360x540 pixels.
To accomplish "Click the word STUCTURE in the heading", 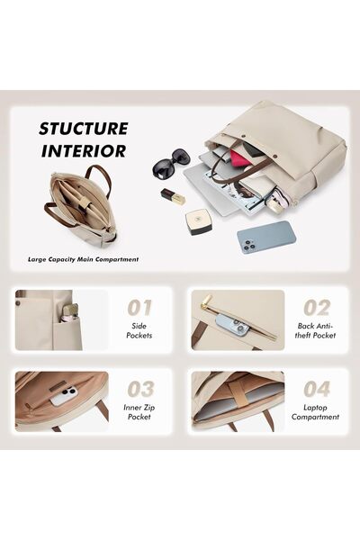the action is (84, 129).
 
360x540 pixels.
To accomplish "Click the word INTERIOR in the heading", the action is (84, 151).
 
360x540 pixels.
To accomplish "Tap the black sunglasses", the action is (171, 164).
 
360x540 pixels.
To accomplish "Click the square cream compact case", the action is (197, 221).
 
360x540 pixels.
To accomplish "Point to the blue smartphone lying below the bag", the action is (265, 238).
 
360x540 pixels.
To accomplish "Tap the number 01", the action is (139, 308).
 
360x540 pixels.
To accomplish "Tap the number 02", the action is (317, 308).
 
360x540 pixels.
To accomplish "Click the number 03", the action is (140, 389).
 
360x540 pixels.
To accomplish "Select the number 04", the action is (317, 389).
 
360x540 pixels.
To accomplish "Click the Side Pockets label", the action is (139, 330).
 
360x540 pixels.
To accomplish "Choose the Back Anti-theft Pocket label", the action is (316, 330).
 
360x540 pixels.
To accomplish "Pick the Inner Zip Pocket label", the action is (139, 412).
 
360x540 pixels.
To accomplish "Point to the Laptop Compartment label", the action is (315, 412).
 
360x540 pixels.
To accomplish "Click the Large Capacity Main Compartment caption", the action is (84, 259).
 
